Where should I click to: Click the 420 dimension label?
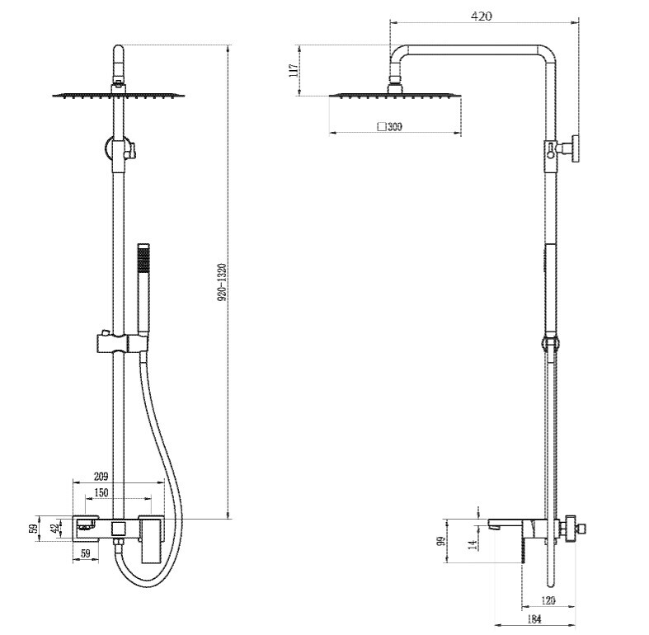pyautogui.click(x=482, y=16)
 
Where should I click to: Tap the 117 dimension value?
pyautogui.click(x=293, y=70)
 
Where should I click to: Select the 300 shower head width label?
pyautogui.click(x=395, y=127)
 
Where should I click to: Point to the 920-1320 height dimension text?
pyautogui.click(x=223, y=282)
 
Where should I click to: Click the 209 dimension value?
pyautogui.click(x=101, y=476)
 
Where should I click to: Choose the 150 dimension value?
pyautogui.click(x=101, y=492)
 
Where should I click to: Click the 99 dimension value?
pyautogui.click(x=441, y=541)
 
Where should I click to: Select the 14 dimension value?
pyautogui.click(x=473, y=544)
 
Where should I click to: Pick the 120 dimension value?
pyautogui.click(x=548, y=600)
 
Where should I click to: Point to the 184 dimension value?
pyautogui.click(x=534, y=619)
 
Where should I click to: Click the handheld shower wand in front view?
pyautogui.click(x=143, y=289)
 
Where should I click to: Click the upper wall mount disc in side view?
pyautogui.click(x=576, y=148)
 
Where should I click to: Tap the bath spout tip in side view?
pyautogui.click(x=492, y=525)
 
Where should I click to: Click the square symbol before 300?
pyautogui.click(x=383, y=127)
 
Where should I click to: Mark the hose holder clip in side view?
pyautogui.click(x=550, y=344)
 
